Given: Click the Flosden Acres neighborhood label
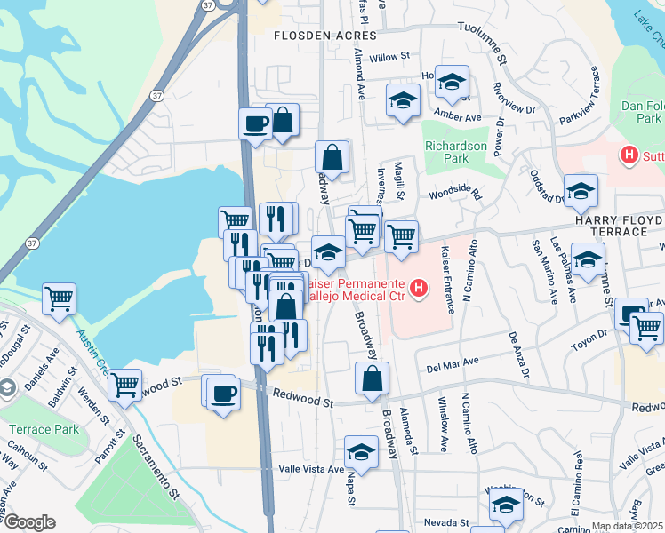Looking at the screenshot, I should pyautogui.click(x=324, y=36).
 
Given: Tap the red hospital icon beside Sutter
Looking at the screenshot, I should pyautogui.click(x=629, y=156).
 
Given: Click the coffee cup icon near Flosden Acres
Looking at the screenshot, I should pyautogui.click(x=255, y=123).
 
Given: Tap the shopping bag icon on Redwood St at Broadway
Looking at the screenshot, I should pyautogui.click(x=372, y=378).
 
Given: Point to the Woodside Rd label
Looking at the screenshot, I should pyautogui.click(x=454, y=193).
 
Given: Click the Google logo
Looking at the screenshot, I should pyautogui.click(x=29, y=521).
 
